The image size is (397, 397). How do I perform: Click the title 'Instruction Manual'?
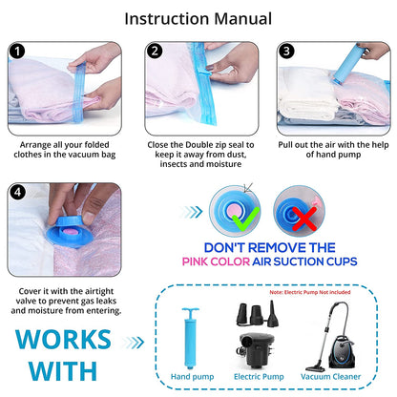[x=198, y=19]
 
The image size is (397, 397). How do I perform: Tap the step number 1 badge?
[x=17, y=52]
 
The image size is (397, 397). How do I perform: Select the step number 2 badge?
[x=155, y=51]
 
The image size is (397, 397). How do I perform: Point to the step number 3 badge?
[x=286, y=52]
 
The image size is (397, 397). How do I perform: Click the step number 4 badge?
[x=17, y=192]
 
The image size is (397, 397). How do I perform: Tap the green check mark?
[x=245, y=219]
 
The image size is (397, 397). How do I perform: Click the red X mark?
[x=304, y=219]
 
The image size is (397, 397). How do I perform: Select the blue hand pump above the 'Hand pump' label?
[x=191, y=338]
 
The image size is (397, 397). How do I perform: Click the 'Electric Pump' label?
[x=259, y=377]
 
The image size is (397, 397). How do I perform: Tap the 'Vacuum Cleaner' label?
[x=330, y=377]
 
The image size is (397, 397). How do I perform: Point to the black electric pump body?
[x=256, y=350]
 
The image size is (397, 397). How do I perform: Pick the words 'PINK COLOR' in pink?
[x=216, y=261]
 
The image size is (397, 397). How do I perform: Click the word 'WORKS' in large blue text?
[x=64, y=340]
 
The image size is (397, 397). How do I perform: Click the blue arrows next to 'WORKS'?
[x=134, y=343]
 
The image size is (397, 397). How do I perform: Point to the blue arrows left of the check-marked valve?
[x=191, y=212]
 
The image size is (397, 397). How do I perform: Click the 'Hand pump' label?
[x=192, y=377]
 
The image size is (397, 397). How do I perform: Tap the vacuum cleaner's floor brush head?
[x=315, y=369]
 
